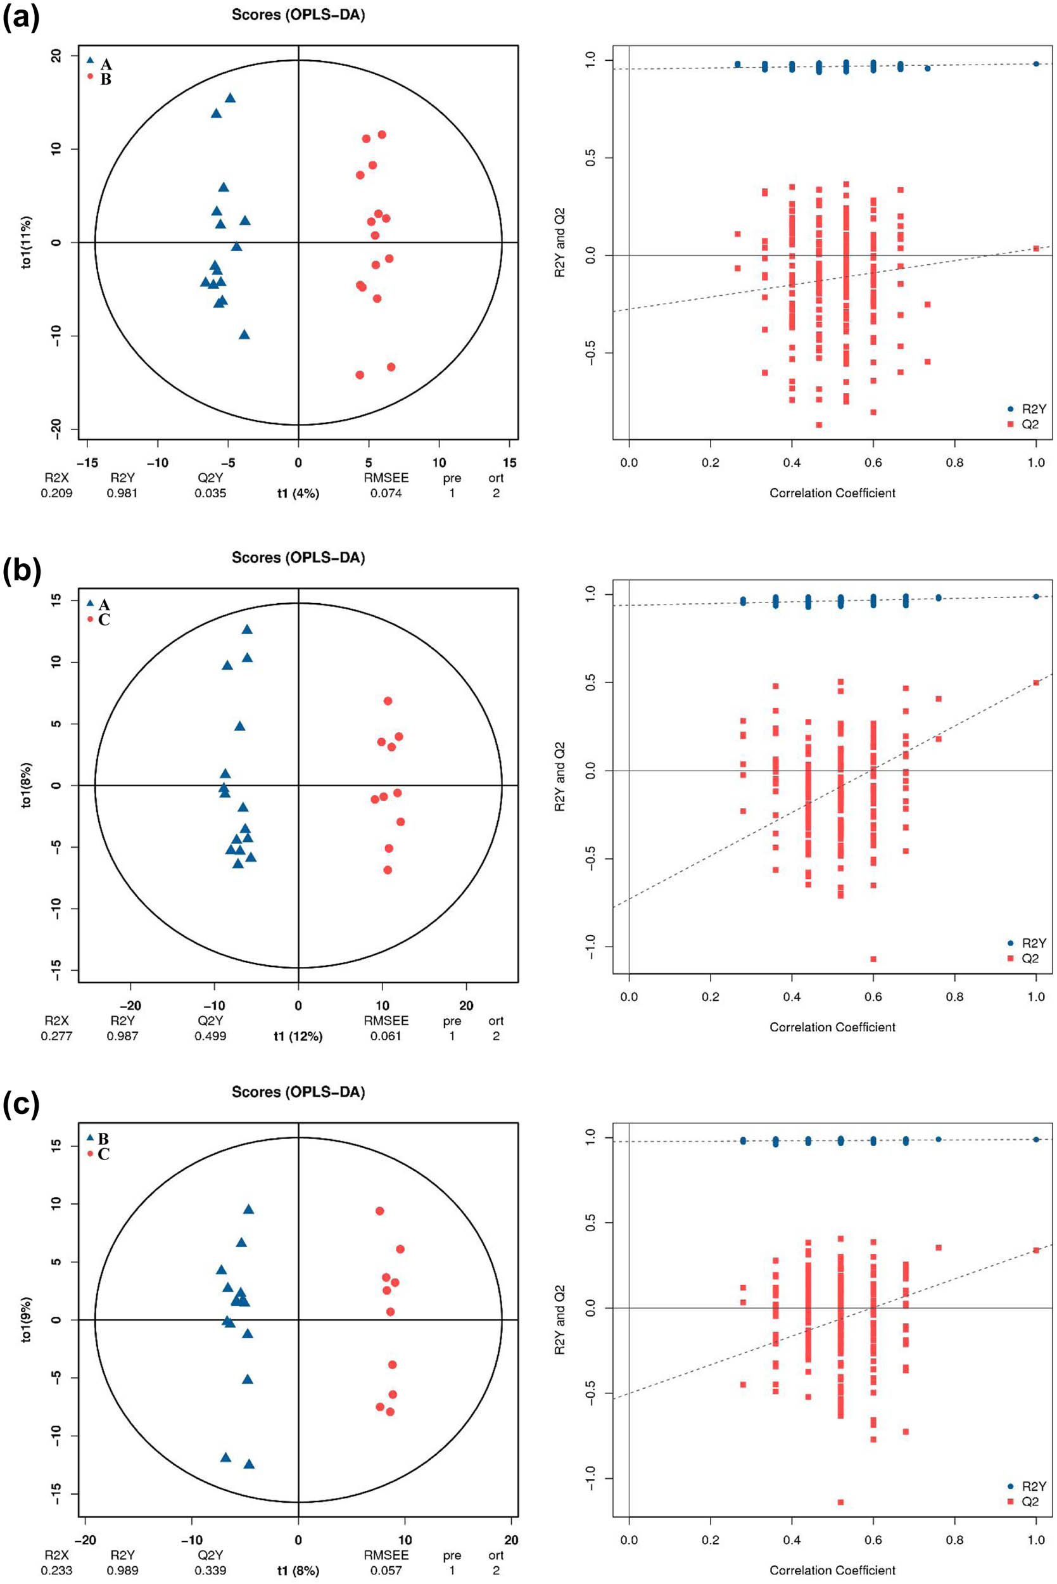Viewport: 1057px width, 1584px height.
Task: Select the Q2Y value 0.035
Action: click(210, 493)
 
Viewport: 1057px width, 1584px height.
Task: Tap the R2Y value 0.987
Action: click(122, 1036)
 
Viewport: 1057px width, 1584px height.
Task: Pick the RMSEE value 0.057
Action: click(386, 1571)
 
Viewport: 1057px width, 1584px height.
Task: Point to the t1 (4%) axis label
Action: click(298, 493)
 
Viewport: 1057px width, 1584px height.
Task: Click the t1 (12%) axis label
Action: click(298, 1036)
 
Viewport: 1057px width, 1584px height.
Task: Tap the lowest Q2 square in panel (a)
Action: click(819, 425)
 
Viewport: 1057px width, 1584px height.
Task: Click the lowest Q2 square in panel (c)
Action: click(840, 1502)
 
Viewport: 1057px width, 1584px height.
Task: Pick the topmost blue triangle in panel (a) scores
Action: click(230, 98)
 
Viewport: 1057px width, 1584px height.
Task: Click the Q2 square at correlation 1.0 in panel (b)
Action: click(1036, 682)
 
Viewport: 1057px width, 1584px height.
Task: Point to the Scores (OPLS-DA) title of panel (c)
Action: click(298, 1092)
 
